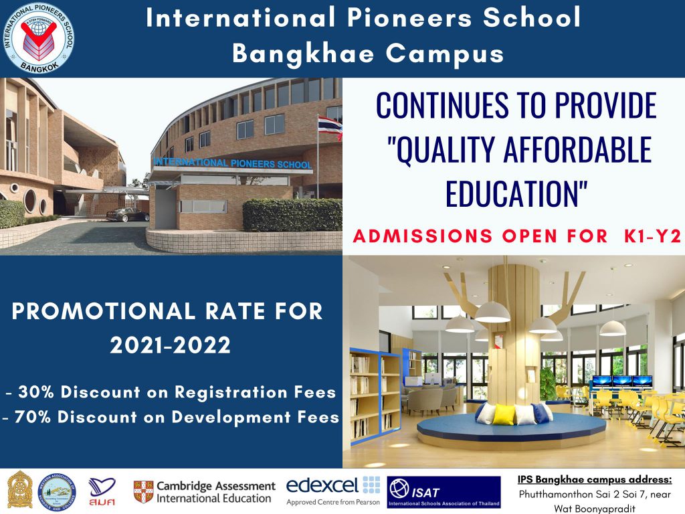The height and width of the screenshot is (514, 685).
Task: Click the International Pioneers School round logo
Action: pyautogui.click(x=39, y=39)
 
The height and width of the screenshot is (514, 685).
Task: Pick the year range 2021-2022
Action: pyautogui.click(x=171, y=345)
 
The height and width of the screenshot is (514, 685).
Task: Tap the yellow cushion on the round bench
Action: pyautogui.click(x=506, y=414)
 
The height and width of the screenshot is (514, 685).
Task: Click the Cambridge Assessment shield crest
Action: pyautogui.click(x=142, y=491)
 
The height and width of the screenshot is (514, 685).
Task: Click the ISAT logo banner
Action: pyautogui.click(x=444, y=492)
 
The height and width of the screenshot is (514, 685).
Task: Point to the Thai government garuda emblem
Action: pyautogui.click(x=20, y=490)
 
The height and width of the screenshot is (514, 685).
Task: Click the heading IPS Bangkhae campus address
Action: pyautogui.click(x=595, y=479)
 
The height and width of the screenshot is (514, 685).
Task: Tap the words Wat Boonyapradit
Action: pyautogui.click(x=595, y=508)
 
